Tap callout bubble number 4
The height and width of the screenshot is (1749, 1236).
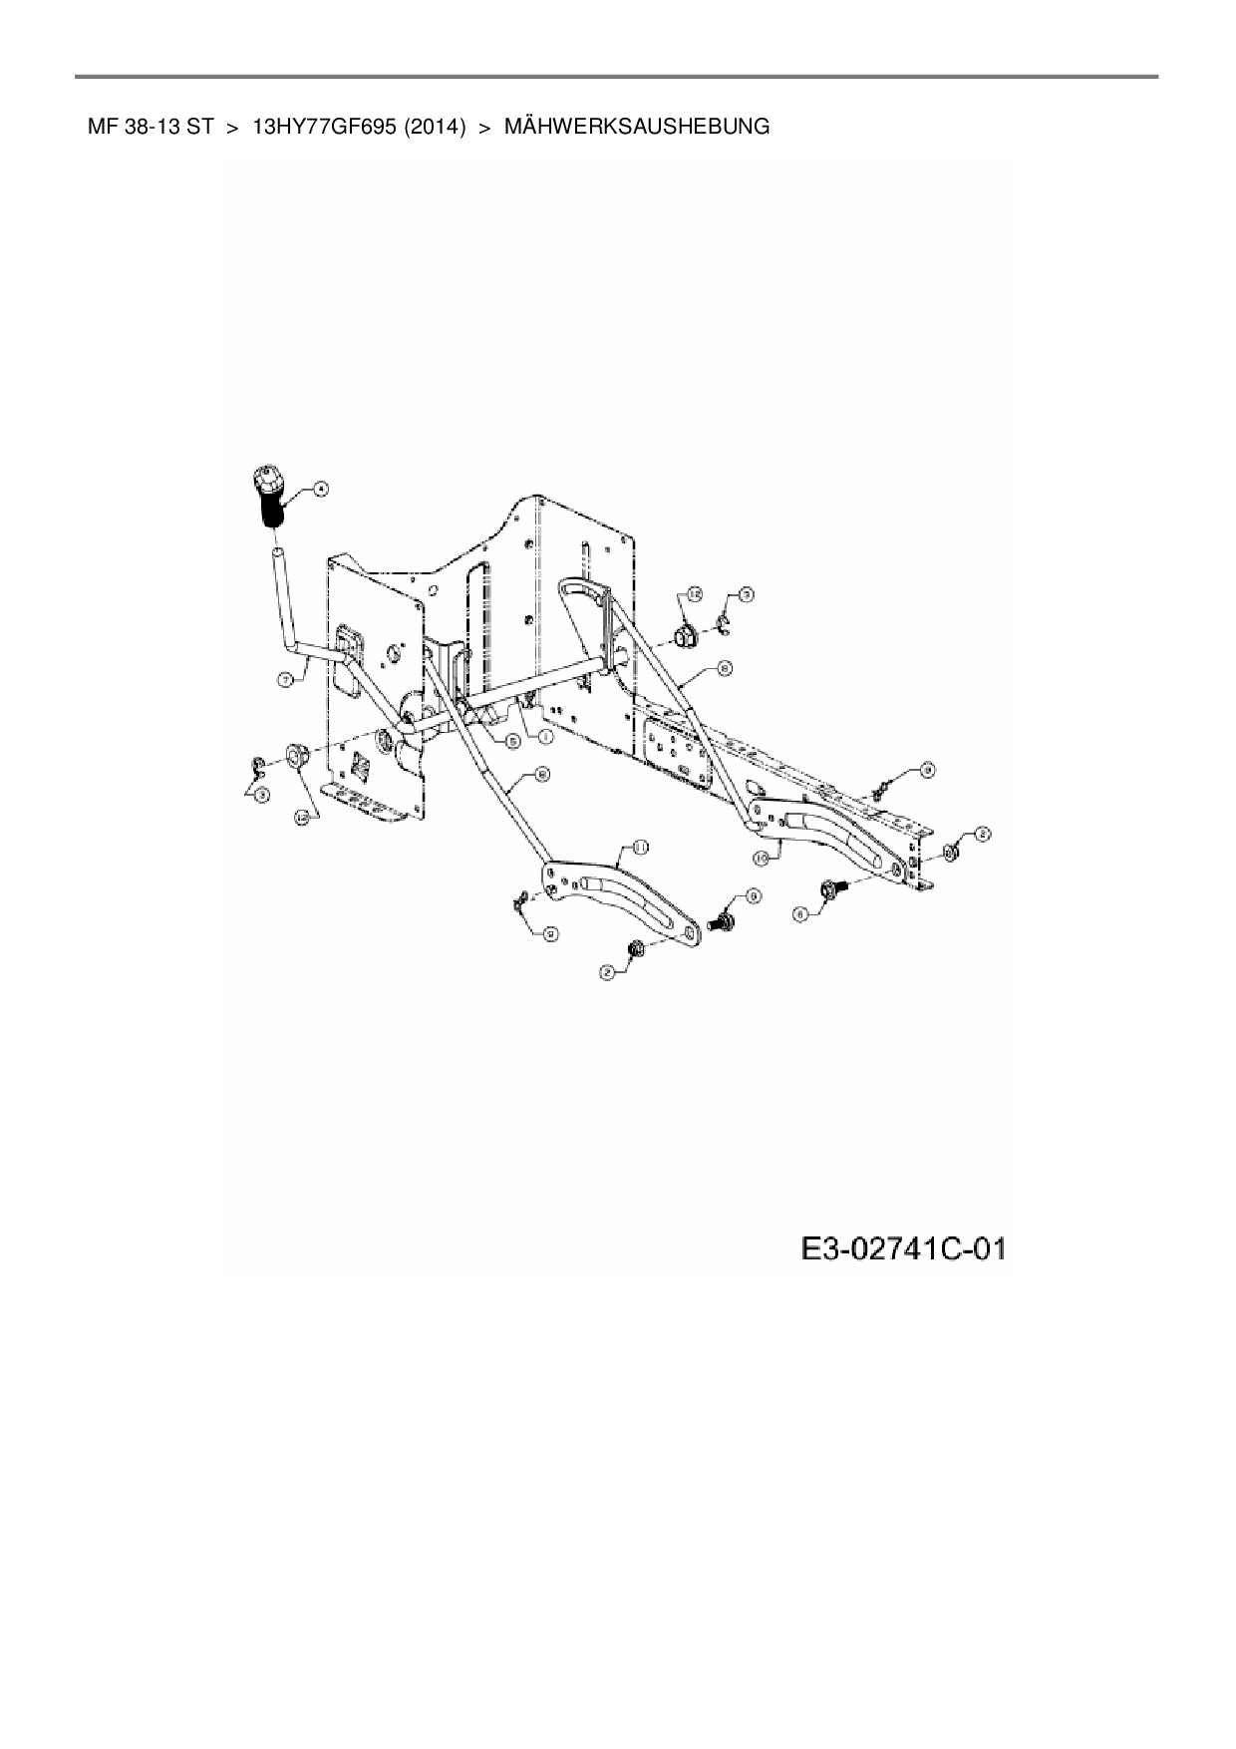click(320, 488)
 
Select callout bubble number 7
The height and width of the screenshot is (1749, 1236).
click(285, 679)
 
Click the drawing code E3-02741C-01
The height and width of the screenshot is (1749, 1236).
click(903, 1248)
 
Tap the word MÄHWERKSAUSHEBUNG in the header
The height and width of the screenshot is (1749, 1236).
click(637, 127)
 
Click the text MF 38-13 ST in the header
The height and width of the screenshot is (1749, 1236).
click(151, 127)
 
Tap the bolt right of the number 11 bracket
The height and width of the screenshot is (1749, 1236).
click(721, 922)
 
